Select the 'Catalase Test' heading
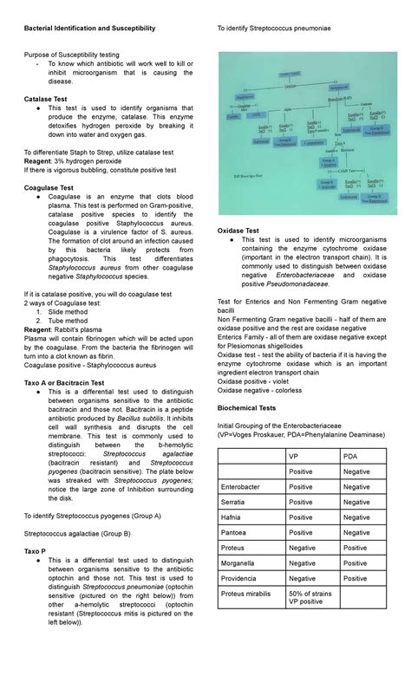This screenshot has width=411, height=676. pyautogui.click(x=49, y=101)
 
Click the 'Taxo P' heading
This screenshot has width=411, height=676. pyautogui.click(x=36, y=551)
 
